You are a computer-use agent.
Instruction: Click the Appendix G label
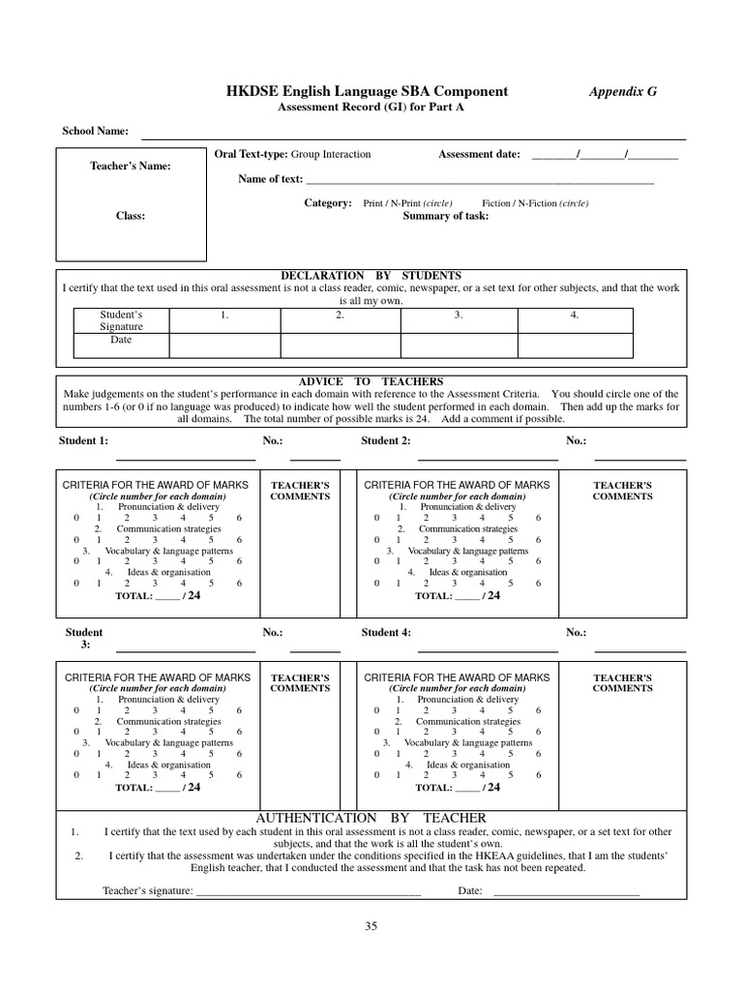[623, 91]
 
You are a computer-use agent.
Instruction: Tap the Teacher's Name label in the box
[130, 165]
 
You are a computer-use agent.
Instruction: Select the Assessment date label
[479, 154]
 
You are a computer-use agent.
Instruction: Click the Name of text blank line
[479, 181]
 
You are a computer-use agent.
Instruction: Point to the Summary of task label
[445, 216]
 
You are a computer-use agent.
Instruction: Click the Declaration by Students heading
[371, 276]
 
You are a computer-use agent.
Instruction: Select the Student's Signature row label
[121, 320]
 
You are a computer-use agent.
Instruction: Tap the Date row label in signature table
[121, 340]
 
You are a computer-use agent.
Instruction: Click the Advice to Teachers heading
[371, 382]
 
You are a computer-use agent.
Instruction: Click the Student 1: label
[83, 441]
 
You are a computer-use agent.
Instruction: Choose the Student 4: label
[386, 633]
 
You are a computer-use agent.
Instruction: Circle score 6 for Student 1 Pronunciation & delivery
[239, 518]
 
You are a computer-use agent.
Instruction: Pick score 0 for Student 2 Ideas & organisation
[377, 584]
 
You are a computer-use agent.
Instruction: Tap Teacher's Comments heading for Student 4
[622, 682]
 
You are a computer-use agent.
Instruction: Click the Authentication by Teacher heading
[371, 818]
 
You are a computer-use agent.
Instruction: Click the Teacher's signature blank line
[308, 891]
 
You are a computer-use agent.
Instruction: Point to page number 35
[371, 925]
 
